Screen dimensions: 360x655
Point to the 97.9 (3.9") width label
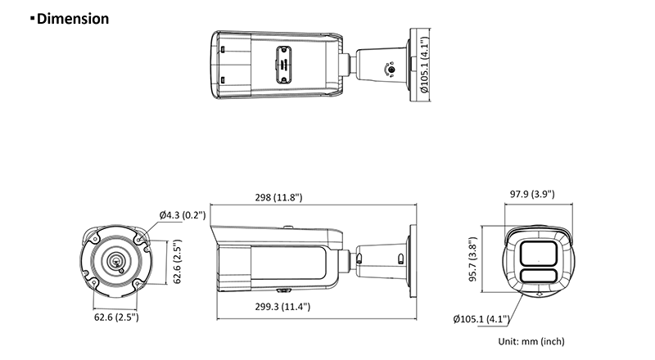click(532, 195)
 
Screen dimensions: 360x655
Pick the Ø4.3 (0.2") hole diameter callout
click(183, 215)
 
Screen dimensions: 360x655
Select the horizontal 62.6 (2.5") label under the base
click(115, 316)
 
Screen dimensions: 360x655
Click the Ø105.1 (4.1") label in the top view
click(425, 68)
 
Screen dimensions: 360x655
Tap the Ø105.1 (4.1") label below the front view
click(481, 319)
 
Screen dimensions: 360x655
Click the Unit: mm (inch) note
click(531, 341)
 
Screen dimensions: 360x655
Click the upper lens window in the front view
click(535, 252)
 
